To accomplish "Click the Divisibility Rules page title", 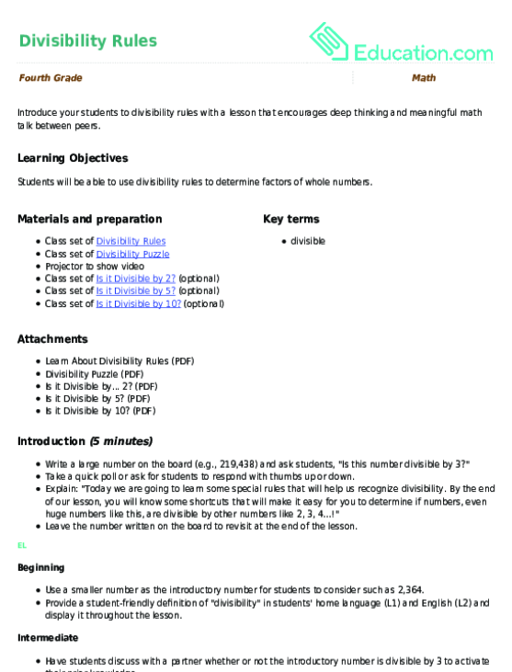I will pyautogui.click(x=87, y=40).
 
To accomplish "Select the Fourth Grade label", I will pyautogui.click(x=50, y=78).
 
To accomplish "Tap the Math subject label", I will pyautogui.click(x=424, y=78).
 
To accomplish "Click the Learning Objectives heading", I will pyautogui.click(x=73, y=158).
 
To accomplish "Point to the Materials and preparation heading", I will pyautogui.click(x=89, y=219).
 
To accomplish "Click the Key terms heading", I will pyautogui.click(x=291, y=219).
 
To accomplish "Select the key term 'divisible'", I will pyautogui.click(x=308, y=241).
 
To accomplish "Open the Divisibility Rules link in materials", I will pyautogui.click(x=131, y=241).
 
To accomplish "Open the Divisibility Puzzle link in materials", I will pyautogui.click(x=132, y=254).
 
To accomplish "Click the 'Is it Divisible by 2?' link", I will pyautogui.click(x=135, y=279).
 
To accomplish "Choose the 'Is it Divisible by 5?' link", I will pyautogui.click(x=135, y=290).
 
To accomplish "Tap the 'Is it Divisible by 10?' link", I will pyautogui.click(x=138, y=303).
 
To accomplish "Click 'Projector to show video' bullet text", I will pyautogui.click(x=95, y=266).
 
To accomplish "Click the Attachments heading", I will pyautogui.click(x=52, y=339).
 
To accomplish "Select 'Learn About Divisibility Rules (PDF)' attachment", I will pyautogui.click(x=119, y=361).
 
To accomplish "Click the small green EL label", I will pyautogui.click(x=22, y=545).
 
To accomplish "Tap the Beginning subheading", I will pyautogui.click(x=41, y=568).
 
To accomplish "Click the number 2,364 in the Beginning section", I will pyautogui.click(x=410, y=589).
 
